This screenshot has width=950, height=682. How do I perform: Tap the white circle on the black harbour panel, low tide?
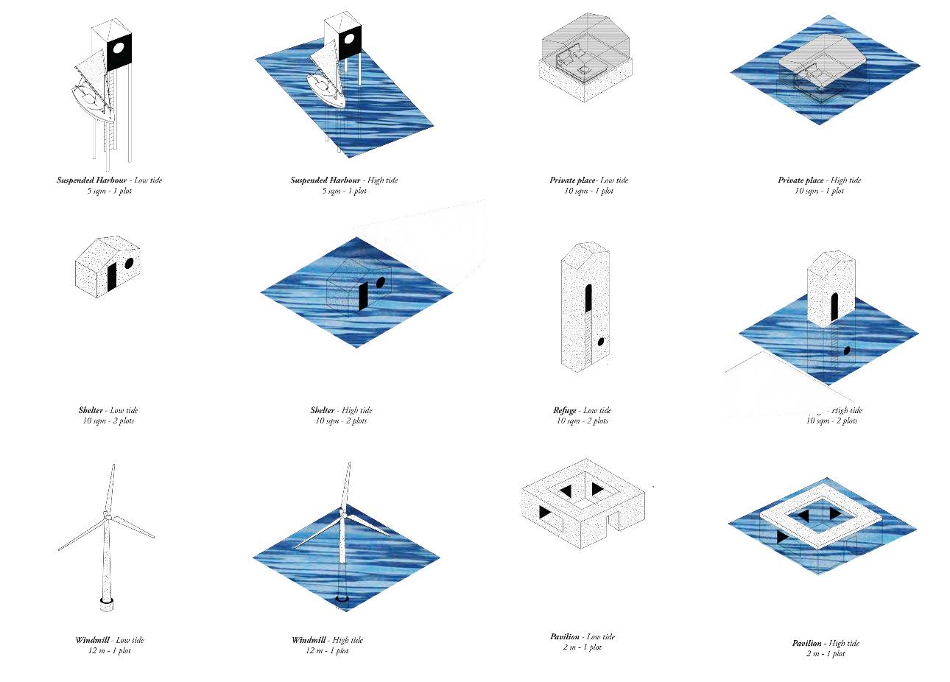119,49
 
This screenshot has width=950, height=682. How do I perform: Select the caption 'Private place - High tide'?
819,180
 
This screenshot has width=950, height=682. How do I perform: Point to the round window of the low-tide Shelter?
129,263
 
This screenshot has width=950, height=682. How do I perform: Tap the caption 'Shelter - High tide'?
341,410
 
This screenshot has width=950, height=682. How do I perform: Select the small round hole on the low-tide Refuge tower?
601,342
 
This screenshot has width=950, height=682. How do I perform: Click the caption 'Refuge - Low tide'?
582,410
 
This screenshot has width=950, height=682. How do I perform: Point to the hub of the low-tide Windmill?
107,516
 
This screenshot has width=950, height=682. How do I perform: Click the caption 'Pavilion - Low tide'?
582,636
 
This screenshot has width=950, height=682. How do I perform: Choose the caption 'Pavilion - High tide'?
826,643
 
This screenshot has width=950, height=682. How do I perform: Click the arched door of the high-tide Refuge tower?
834,306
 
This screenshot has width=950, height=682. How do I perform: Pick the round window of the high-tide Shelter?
381,281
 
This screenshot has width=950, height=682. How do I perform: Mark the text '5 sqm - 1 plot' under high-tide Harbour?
344,191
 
